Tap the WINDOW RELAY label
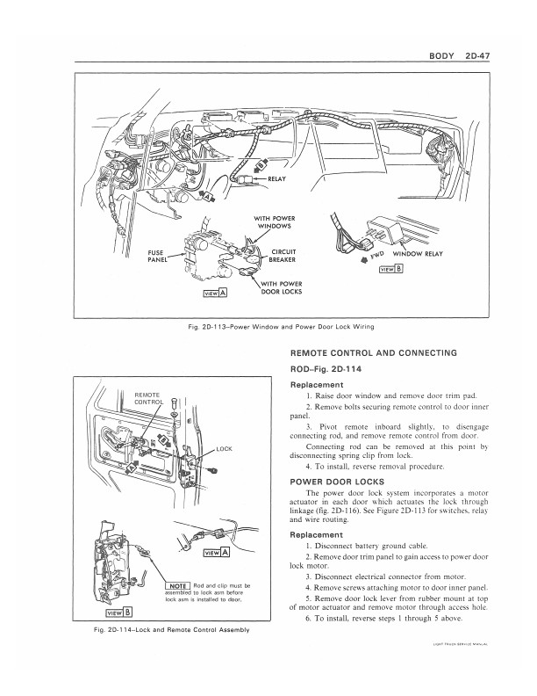tap(427, 254)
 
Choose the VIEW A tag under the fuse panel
tap(215, 293)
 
